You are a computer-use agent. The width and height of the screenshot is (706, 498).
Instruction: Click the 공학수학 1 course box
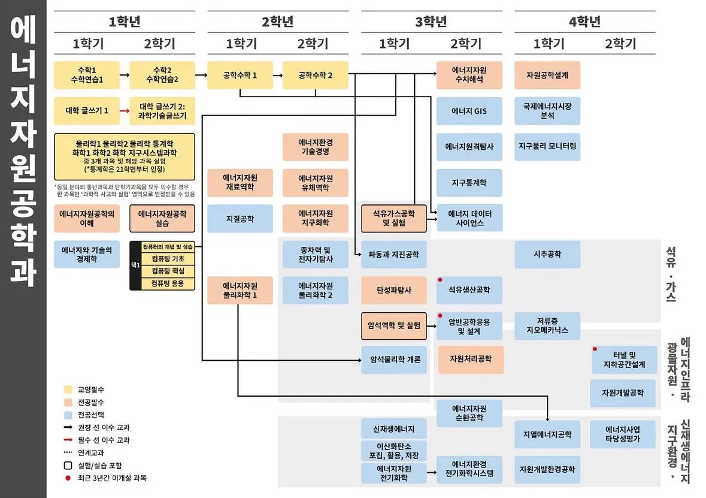coord(240,76)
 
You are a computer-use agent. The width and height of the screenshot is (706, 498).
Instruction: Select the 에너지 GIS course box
coord(469,111)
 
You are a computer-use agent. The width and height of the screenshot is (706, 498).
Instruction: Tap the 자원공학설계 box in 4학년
coord(547,76)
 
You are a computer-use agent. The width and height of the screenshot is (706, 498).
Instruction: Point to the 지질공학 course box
coord(240,219)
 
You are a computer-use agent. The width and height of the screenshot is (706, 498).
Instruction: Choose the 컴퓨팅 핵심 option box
coord(168,271)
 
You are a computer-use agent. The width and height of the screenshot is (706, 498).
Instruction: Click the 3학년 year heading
coord(431,22)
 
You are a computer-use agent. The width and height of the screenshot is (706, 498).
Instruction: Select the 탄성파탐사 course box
coord(393,291)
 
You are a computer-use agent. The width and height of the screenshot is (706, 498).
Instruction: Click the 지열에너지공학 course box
coord(547,434)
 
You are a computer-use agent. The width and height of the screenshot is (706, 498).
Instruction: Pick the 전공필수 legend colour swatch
coord(68,402)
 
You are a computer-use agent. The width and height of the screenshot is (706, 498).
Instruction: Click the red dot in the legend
coord(68,478)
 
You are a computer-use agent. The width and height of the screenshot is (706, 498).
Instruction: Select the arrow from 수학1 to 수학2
coord(124,76)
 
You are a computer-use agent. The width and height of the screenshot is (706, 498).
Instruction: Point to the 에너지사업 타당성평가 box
coord(622,434)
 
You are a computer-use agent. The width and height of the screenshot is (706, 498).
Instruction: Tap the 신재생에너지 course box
coord(393,428)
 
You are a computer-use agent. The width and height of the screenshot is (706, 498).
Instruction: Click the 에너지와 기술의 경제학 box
coord(86,254)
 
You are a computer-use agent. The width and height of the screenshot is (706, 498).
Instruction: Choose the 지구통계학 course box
coord(469,183)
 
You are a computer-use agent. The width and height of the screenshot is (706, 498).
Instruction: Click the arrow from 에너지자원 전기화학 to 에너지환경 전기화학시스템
coord(431,473)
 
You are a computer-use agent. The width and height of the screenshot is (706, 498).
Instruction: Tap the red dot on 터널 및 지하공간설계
coord(595,349)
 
